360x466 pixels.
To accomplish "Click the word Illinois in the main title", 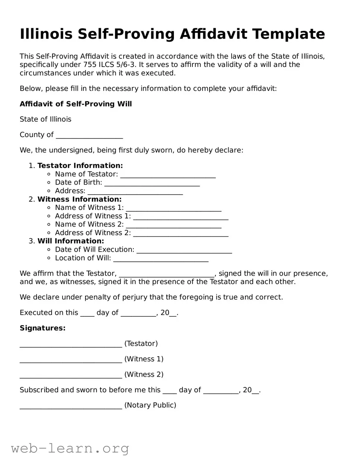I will pos(46,34).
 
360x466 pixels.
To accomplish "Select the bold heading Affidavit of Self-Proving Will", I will pos(76,104).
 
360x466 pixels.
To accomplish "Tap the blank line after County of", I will pos(89,135).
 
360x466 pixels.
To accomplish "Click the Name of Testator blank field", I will pos(168,175).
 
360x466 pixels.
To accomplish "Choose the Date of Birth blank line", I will pos(152,183).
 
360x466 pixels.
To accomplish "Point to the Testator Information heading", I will pos(80,166).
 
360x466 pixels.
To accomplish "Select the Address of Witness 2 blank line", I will pos(181,233).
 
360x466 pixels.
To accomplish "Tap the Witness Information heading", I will pos(79,199).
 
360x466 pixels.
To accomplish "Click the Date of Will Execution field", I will pos(184,250).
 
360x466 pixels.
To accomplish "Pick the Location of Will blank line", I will pos(161,258).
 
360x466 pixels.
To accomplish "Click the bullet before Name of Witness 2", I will pos(49,224).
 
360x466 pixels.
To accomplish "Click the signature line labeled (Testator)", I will pos(71,344).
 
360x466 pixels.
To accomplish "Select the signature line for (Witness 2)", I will pos(71,375).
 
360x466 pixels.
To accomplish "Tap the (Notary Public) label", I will pos(150,405).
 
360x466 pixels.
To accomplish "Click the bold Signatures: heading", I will pos(42,328).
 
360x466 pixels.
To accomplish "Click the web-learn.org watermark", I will pos(70,449).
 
